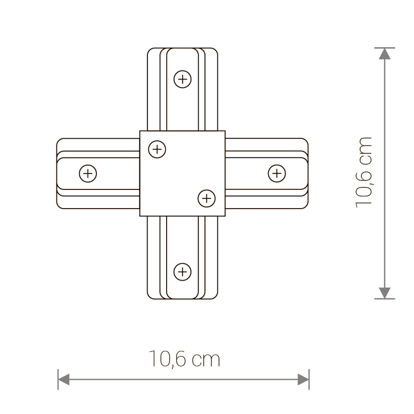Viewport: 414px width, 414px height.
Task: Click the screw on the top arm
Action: [x=182, y=79]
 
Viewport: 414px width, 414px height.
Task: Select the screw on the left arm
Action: [x=88, y=173]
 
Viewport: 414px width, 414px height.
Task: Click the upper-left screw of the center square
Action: [x=157, y=150]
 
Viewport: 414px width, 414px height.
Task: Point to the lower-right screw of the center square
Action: [x=206, y=197]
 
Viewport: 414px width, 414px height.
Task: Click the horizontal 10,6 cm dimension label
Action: [x=184, y=359]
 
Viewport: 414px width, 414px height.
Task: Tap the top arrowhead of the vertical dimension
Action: [x=384, y=55]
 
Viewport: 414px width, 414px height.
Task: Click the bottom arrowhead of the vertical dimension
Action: [x=384, y=292]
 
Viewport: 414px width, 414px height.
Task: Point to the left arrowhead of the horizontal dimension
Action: [x=64, y=380]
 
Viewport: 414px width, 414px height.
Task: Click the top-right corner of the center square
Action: [x=225, y=131]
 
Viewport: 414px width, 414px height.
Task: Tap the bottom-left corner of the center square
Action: [x=140, y=215]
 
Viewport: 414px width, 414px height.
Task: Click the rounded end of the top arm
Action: [x=182, y=50]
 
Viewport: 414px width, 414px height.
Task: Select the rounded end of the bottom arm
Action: [x=182, y=299]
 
